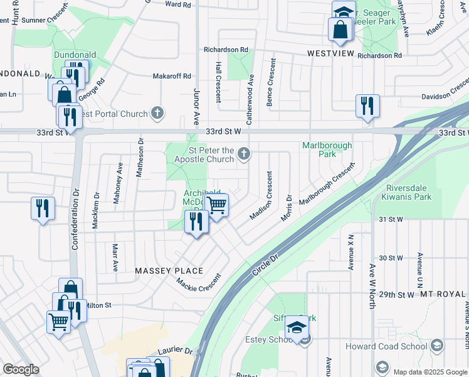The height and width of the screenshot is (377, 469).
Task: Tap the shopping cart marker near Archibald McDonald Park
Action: pyautogui.click(x=216, y=205)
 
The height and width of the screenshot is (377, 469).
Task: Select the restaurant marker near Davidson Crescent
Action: pyautogui.click(x=367, y=106)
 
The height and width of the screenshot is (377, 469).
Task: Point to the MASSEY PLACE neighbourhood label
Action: pyautogui.click(x=169, y=271)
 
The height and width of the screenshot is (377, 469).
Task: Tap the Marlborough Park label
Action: pyautogui.click(x=327, y=150)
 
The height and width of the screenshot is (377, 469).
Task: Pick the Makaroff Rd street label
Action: pyautogui.click(x=172, y=76)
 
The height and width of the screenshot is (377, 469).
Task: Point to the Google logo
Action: pyautogui.click(x=21, y=369)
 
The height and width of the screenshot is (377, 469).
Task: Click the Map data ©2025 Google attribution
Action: pyautogui.click(x=430, y=372)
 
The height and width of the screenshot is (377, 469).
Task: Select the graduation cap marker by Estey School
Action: pyautogui.click(x=297, y=327)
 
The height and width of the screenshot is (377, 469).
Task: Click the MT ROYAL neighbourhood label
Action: pyautogui.click(x=444, y=294)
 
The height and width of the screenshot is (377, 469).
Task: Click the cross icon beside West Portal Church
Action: pyautogui.click(x=157, y=114)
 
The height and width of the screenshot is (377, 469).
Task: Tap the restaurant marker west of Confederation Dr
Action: pyautogui.click(x=43, y=209)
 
